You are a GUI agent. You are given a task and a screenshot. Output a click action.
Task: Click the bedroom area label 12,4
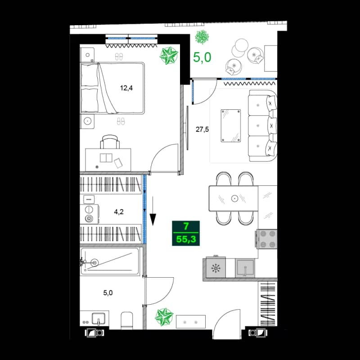point(126,88)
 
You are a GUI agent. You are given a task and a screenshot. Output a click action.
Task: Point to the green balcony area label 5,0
point(202,57)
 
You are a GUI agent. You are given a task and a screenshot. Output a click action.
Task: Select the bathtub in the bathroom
point(111,262)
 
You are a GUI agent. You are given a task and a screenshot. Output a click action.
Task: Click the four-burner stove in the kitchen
point(267,238)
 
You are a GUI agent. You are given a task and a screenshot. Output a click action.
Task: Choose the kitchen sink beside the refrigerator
point(246,269)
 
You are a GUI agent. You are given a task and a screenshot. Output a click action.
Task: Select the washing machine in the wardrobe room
point(90,214)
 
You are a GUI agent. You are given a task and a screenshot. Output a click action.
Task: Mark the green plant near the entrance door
point(164,317)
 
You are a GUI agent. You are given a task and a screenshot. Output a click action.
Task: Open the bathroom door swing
point(160,290)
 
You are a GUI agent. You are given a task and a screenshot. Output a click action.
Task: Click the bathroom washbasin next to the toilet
point(98,319)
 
